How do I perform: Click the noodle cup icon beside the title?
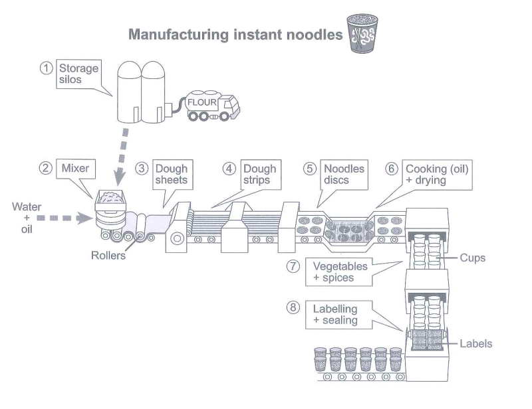tap(362, 33)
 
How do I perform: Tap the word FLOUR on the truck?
tap(202, 102)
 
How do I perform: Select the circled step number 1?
tap(46, 68)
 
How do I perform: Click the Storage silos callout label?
tap(78, 74)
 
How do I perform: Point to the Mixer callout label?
tap(75, 169)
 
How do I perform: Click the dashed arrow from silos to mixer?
tap(122, 157)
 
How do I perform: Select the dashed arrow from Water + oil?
tap(64, 218)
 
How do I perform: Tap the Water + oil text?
tap(27, 218)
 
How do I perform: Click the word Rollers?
tap(108, 256)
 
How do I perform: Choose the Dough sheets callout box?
tap(172, 175)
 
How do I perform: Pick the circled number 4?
tap(229, 169)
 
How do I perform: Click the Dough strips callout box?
tap(260, 175)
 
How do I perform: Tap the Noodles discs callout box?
tap(344, 175)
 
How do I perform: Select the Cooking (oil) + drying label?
tap(438, 175)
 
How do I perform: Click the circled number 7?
tap(293, 266)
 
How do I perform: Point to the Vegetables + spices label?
tap(340, 272)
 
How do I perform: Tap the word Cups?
tap(473, 258)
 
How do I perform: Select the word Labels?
tap(476, 344)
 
